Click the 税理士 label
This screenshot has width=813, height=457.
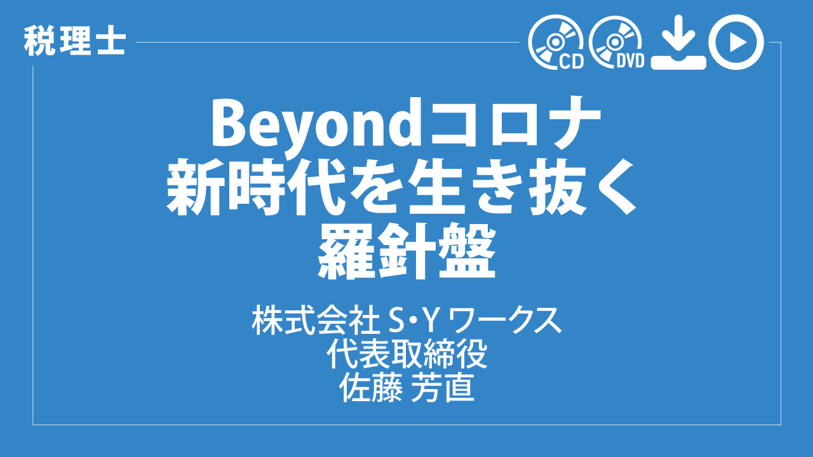[75, 42]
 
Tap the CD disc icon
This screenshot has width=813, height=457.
[556, 42]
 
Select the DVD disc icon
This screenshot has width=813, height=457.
[616, 42]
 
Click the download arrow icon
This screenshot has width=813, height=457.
[678, 42]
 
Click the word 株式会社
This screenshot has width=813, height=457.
[316, 321]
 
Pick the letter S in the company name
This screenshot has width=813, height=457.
[396, 322]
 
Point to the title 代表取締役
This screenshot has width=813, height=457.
[406, 354]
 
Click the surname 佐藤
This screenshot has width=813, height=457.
[370, 387]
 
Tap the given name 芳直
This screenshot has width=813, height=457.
[443, 387]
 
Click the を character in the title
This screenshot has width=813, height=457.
[375, 189]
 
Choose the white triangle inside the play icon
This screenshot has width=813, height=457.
[737, 43]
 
